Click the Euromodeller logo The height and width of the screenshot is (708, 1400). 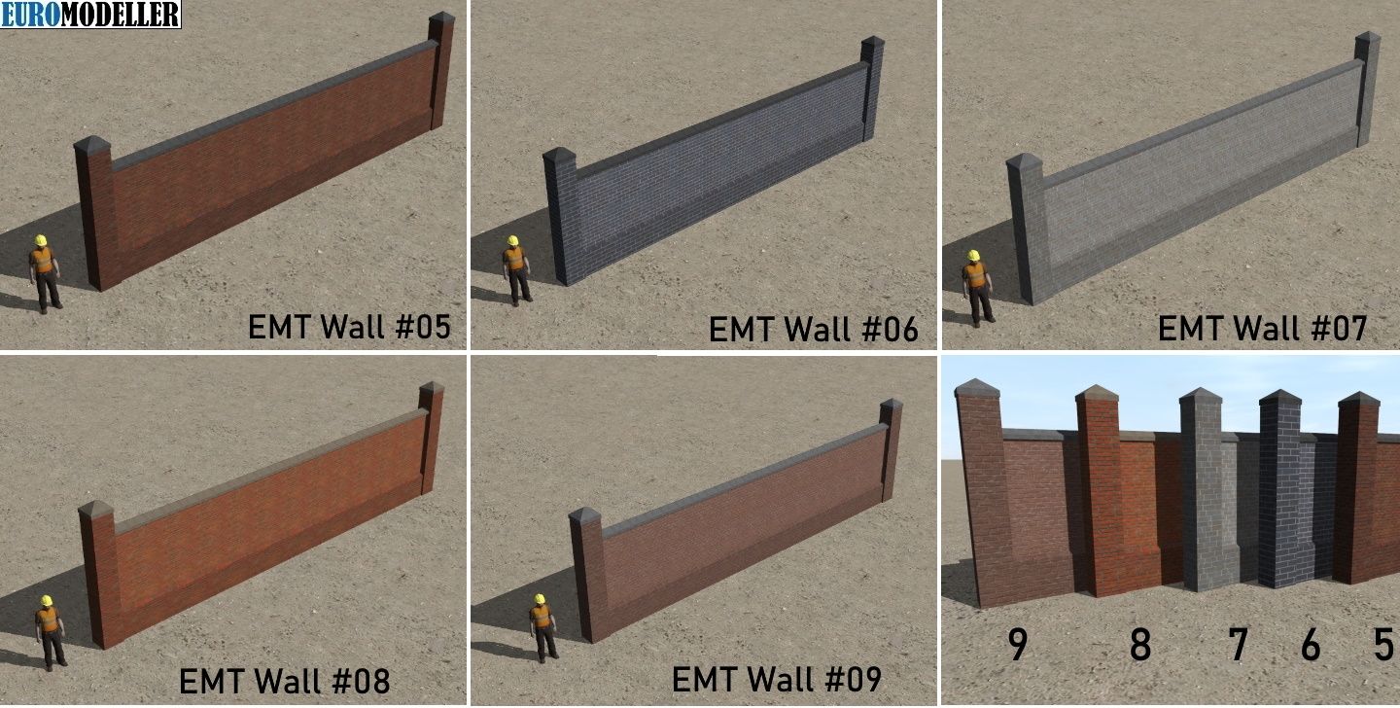coord(90,14)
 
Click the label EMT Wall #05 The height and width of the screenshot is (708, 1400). coord(349,327)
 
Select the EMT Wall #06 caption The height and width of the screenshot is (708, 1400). coord(814,329)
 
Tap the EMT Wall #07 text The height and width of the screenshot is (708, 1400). coord(1263,328)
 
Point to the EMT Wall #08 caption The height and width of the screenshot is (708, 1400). coord(284,681)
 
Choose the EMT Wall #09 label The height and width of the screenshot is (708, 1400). coord(777,679)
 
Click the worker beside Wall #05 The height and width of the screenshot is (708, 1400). coord(45,274)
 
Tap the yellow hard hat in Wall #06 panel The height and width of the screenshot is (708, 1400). coord(513,241)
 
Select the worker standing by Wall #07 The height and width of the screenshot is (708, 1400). coord(977,288)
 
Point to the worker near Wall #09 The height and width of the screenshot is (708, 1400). coord(543,628)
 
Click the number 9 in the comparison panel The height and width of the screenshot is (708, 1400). coord(1018,644)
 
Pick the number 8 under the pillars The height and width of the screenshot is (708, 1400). coord(1140,644)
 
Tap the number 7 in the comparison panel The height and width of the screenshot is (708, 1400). coord(1239,644)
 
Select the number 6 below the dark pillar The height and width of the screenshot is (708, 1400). coord(1311,644)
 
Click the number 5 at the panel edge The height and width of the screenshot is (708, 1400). coord(1383,644)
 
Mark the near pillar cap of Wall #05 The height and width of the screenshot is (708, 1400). coord(91,144)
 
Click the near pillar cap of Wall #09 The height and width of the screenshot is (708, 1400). coord(584,516)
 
